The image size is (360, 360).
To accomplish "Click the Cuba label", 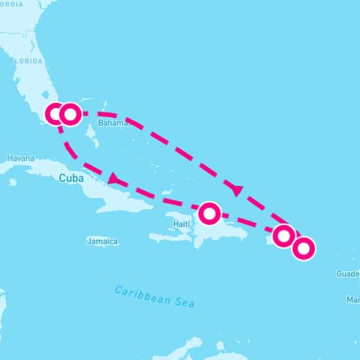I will pos(71,178).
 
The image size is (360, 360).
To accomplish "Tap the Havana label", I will pos(20,158).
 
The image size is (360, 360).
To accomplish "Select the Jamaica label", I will pos(103,241).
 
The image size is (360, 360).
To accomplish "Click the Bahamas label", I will pos(114,122).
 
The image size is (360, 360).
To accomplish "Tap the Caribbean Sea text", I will pos(154,295).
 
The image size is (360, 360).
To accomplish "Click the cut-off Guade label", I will pos(349,274).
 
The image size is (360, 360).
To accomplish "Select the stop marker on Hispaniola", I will pos(209,213).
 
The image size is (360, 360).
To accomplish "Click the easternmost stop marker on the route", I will pos(304,247).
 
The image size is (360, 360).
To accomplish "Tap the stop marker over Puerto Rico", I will pos(283,235).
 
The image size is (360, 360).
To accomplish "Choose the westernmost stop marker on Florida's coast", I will pos(55,114).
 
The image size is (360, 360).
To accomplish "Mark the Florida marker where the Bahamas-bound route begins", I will pos(70,114).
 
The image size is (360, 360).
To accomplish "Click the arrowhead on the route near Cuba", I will pos(114,178).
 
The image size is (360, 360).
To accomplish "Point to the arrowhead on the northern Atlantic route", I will pos(236,190).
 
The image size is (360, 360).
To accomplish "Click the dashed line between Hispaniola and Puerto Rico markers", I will pos(247,223).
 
